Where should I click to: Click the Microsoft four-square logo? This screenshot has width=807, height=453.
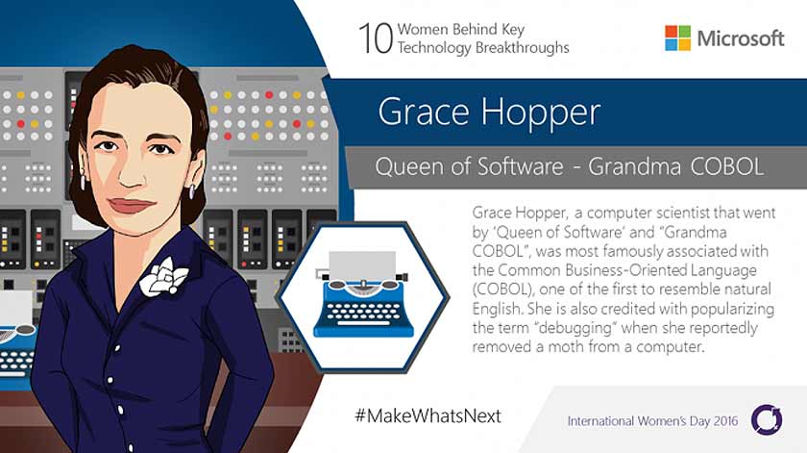click(x=677, y=38)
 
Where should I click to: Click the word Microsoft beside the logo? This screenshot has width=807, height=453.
click(x=741, y=38)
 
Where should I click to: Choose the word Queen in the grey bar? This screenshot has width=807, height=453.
click(x=407, y=166)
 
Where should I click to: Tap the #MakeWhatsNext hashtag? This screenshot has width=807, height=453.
click(x=428, y=415)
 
